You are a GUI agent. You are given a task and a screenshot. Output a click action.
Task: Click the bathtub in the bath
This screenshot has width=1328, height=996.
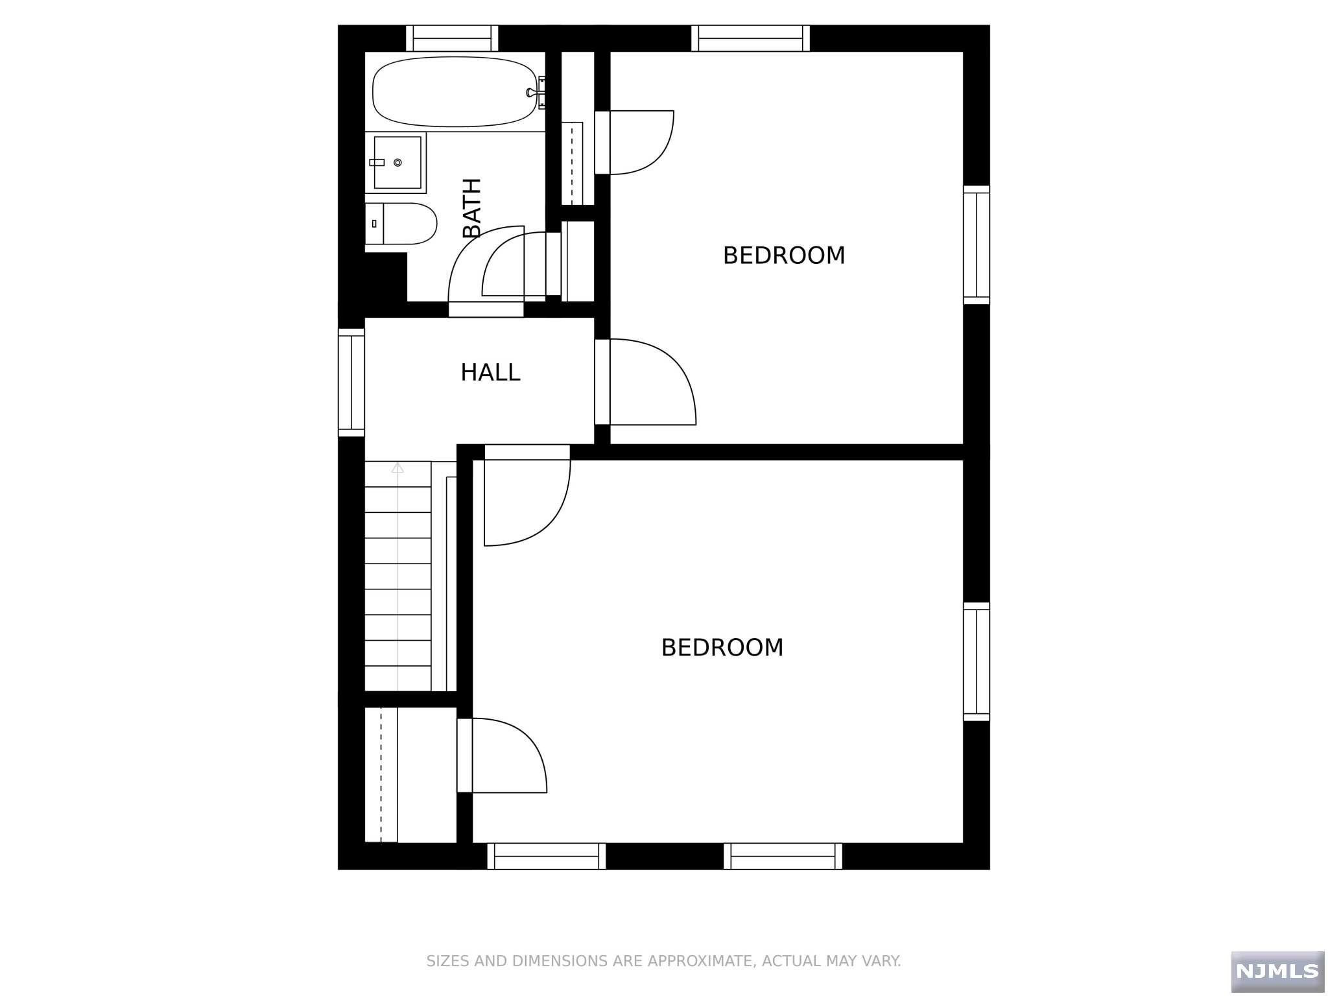pos(454,91)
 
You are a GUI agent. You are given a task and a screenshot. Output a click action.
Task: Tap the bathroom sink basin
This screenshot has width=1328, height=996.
pos(397,162)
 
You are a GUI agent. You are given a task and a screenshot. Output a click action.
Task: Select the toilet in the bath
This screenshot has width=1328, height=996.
pos(409,223)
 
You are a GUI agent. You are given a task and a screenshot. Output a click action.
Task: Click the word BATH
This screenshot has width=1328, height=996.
pos(472,208)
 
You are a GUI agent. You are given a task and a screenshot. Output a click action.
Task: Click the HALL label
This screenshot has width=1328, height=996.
pos(490,373)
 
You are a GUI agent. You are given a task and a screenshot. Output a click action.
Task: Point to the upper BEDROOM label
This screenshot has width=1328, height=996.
pos(783,255)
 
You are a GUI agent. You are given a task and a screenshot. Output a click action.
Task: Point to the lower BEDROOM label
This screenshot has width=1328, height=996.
pos(722,648)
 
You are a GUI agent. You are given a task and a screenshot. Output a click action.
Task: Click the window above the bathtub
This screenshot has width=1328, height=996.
pos(452,38)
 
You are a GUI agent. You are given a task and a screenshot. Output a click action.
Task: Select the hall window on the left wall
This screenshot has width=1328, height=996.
pos(351,382)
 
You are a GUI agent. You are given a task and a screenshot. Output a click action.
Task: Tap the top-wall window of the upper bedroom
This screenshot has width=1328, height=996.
pos(750,38)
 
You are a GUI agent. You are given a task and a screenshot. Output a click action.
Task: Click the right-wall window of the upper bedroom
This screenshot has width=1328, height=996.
pos(976,244)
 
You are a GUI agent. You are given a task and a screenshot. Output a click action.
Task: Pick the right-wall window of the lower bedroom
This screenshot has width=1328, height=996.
pos(976,661)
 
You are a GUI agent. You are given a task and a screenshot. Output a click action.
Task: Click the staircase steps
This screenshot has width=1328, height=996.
pos(397,577)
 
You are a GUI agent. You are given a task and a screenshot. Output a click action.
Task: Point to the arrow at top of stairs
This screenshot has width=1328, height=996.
pos(397,468)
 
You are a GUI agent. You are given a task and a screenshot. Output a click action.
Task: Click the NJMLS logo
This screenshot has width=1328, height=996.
pos(1277,971)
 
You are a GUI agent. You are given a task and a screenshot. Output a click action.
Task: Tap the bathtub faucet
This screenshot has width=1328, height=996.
pos(533,92)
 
